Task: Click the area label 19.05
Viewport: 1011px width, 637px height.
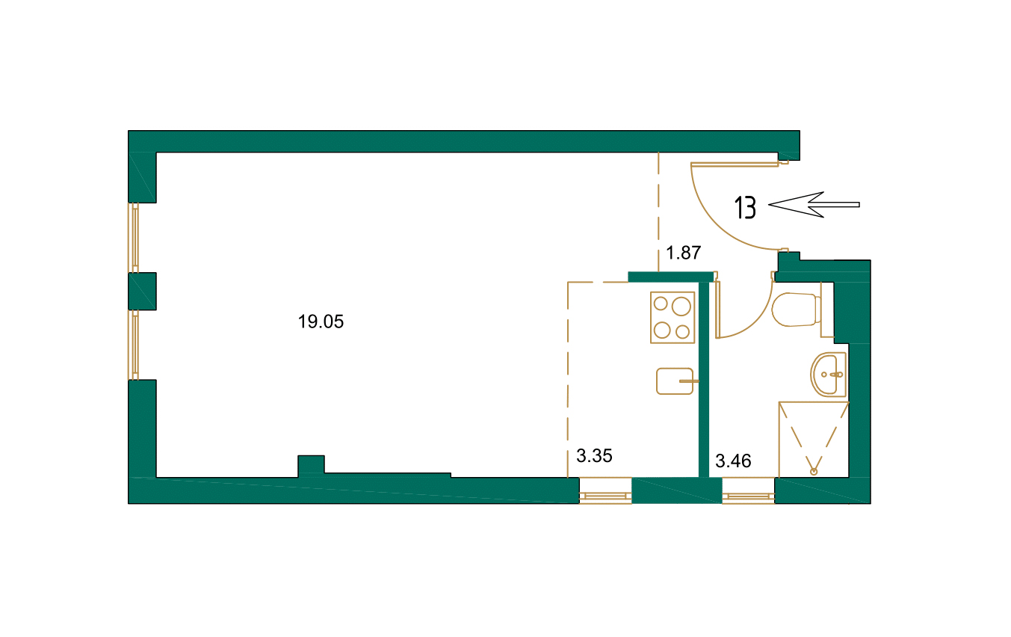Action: coord(321,322)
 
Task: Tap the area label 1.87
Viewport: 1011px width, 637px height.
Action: coord(684,253)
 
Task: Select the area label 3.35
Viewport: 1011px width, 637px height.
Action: coord(595,456)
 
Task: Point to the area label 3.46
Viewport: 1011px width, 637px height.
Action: coord(733,461)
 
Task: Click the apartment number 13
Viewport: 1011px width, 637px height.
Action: coord(745,207)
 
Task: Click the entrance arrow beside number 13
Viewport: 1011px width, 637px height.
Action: coord(814,204)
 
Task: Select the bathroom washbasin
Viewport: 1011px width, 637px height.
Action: coord(828,373)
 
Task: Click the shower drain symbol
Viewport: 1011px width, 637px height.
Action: coord(814,471)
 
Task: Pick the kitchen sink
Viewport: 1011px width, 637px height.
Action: coord(675,381)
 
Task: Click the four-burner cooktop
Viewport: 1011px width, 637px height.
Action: coord(673,318)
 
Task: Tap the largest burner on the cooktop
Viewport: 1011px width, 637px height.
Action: coord(681,306)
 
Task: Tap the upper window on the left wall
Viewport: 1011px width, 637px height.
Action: coord(135,237)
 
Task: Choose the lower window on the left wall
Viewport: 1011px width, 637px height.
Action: coord(135,345)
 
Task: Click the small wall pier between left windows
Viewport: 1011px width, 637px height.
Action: coord(142,291)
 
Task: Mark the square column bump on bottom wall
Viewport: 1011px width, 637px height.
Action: coord(311,465)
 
